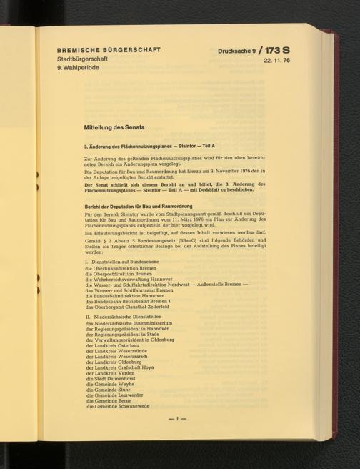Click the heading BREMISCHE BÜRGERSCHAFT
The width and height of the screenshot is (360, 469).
click(x=108, y=51)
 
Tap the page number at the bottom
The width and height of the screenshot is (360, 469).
click(x=177, y=417)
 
